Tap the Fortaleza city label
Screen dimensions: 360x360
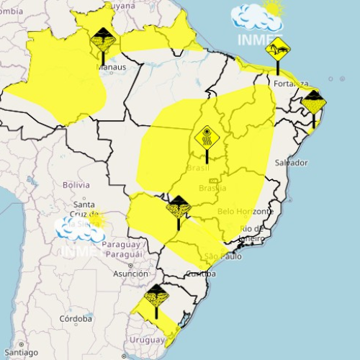coord(291,84)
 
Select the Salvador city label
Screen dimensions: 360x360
coord(291,163)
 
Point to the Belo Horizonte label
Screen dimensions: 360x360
coord(245,212)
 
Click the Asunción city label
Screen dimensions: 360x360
coord(131,274)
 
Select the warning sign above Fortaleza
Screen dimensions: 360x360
coord(277,50)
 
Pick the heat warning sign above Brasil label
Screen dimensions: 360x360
coord(206,136)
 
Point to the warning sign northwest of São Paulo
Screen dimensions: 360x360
coord(178,207)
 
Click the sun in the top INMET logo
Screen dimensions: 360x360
coord(273,8)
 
